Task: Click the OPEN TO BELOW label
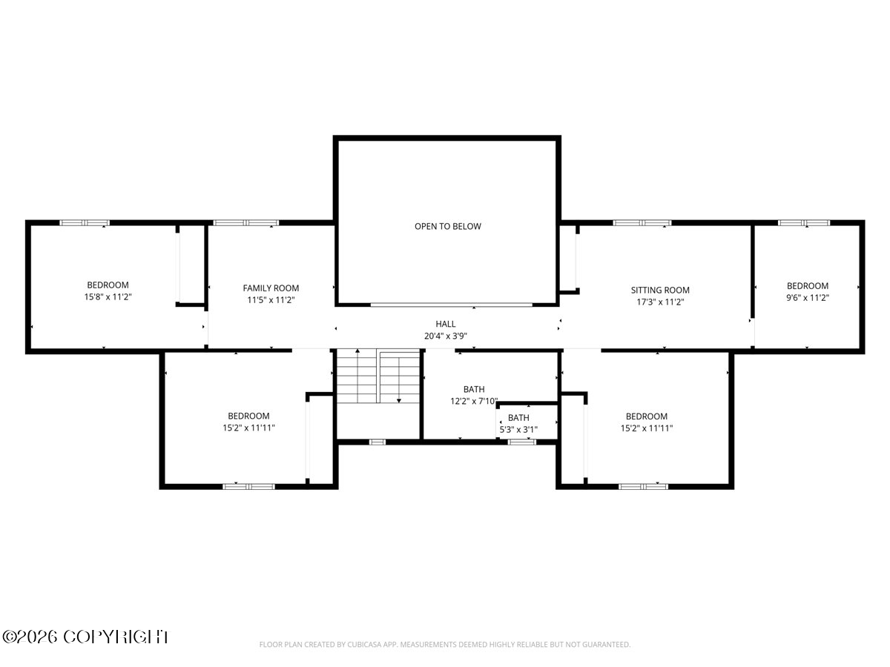pyautogui.click(x=448, y=226)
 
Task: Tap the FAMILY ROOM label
pyautogui.click(x=271, y=288)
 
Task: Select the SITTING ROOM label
pyautogui.click(x=660, y=290)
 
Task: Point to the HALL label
pyautogui.click(x=446, y=324)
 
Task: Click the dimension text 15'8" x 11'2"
pyautogui.click(x=108, y=297)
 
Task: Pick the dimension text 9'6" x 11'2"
pyautogui.click(x=808, y=298)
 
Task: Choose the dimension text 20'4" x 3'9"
pyautogui.click(x=446, y=336)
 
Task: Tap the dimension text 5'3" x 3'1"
pyautogui.click(x=518, y=429)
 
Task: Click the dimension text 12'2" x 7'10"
pyautogui.click(x=474, y=401)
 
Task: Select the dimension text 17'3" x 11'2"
pyautogui.click(x=660, y=302)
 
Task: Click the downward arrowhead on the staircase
pyautogui.click(x=399, y=400)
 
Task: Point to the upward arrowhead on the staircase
pyautogui.click(x=357, y=351)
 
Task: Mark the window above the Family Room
pyautogui.click(x=246, y=223)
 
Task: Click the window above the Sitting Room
pyautogui.click(x=642, y=223)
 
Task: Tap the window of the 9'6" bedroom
pyautogui.click(x=804, y=223)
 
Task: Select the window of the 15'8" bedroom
pyautogui.click(x=85, y=223)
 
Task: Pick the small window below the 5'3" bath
pyautogui.click(x=522, y=442)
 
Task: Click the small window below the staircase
pyautogui.click(x=377, y=442)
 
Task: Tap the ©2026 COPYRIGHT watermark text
pyautogui.click(x=86, y=637)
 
